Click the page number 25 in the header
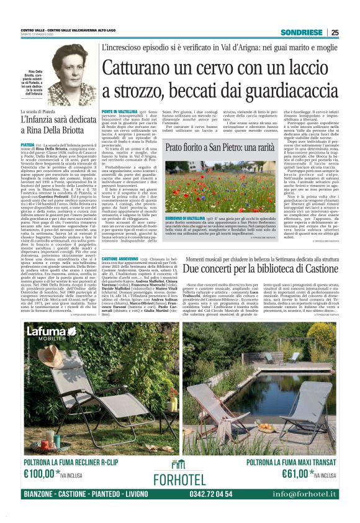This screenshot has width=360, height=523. (x=335, y=33)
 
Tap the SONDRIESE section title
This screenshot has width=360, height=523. (x=301, y=33)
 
